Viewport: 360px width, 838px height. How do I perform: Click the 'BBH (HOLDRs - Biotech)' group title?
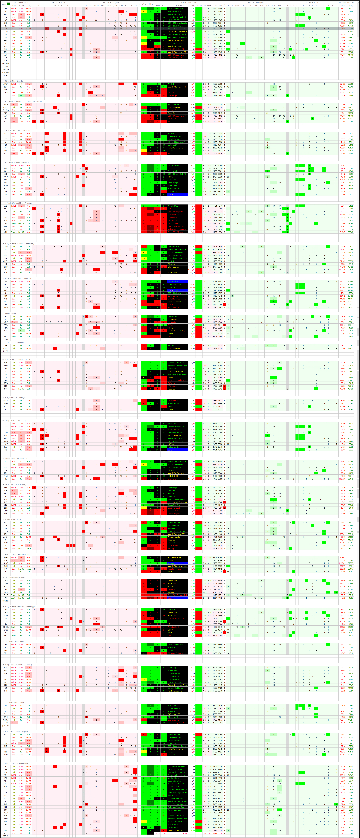click(14, 81)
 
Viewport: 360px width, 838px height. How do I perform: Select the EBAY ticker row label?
click(6, 345)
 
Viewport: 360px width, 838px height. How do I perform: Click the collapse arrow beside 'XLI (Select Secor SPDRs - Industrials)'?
click(3, 278)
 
